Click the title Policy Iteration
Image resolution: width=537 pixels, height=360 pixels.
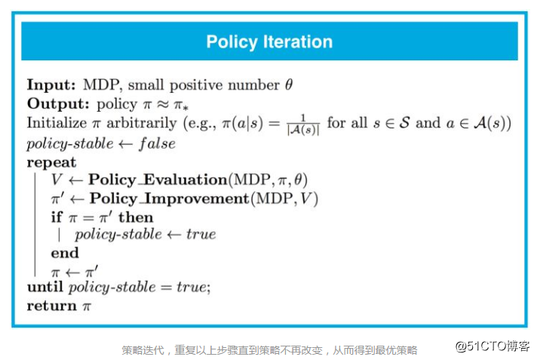click(269, 42)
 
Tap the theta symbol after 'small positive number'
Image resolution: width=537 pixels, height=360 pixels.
click(288, 85)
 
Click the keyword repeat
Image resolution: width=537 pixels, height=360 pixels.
click(51, 162)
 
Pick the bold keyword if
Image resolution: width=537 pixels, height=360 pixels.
click(57, 217)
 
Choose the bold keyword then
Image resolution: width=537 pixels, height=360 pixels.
click(136, 217)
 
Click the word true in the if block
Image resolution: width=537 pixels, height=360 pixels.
click(201, 234)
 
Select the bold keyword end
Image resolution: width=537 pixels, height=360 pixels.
click(65, 253)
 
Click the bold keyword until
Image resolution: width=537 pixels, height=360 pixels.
click(45, 288)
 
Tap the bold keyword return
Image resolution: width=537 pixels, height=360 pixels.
click(51, 306)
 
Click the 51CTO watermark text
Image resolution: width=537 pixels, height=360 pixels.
click(492, 346)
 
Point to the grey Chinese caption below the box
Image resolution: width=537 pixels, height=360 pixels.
click(269, 350)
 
